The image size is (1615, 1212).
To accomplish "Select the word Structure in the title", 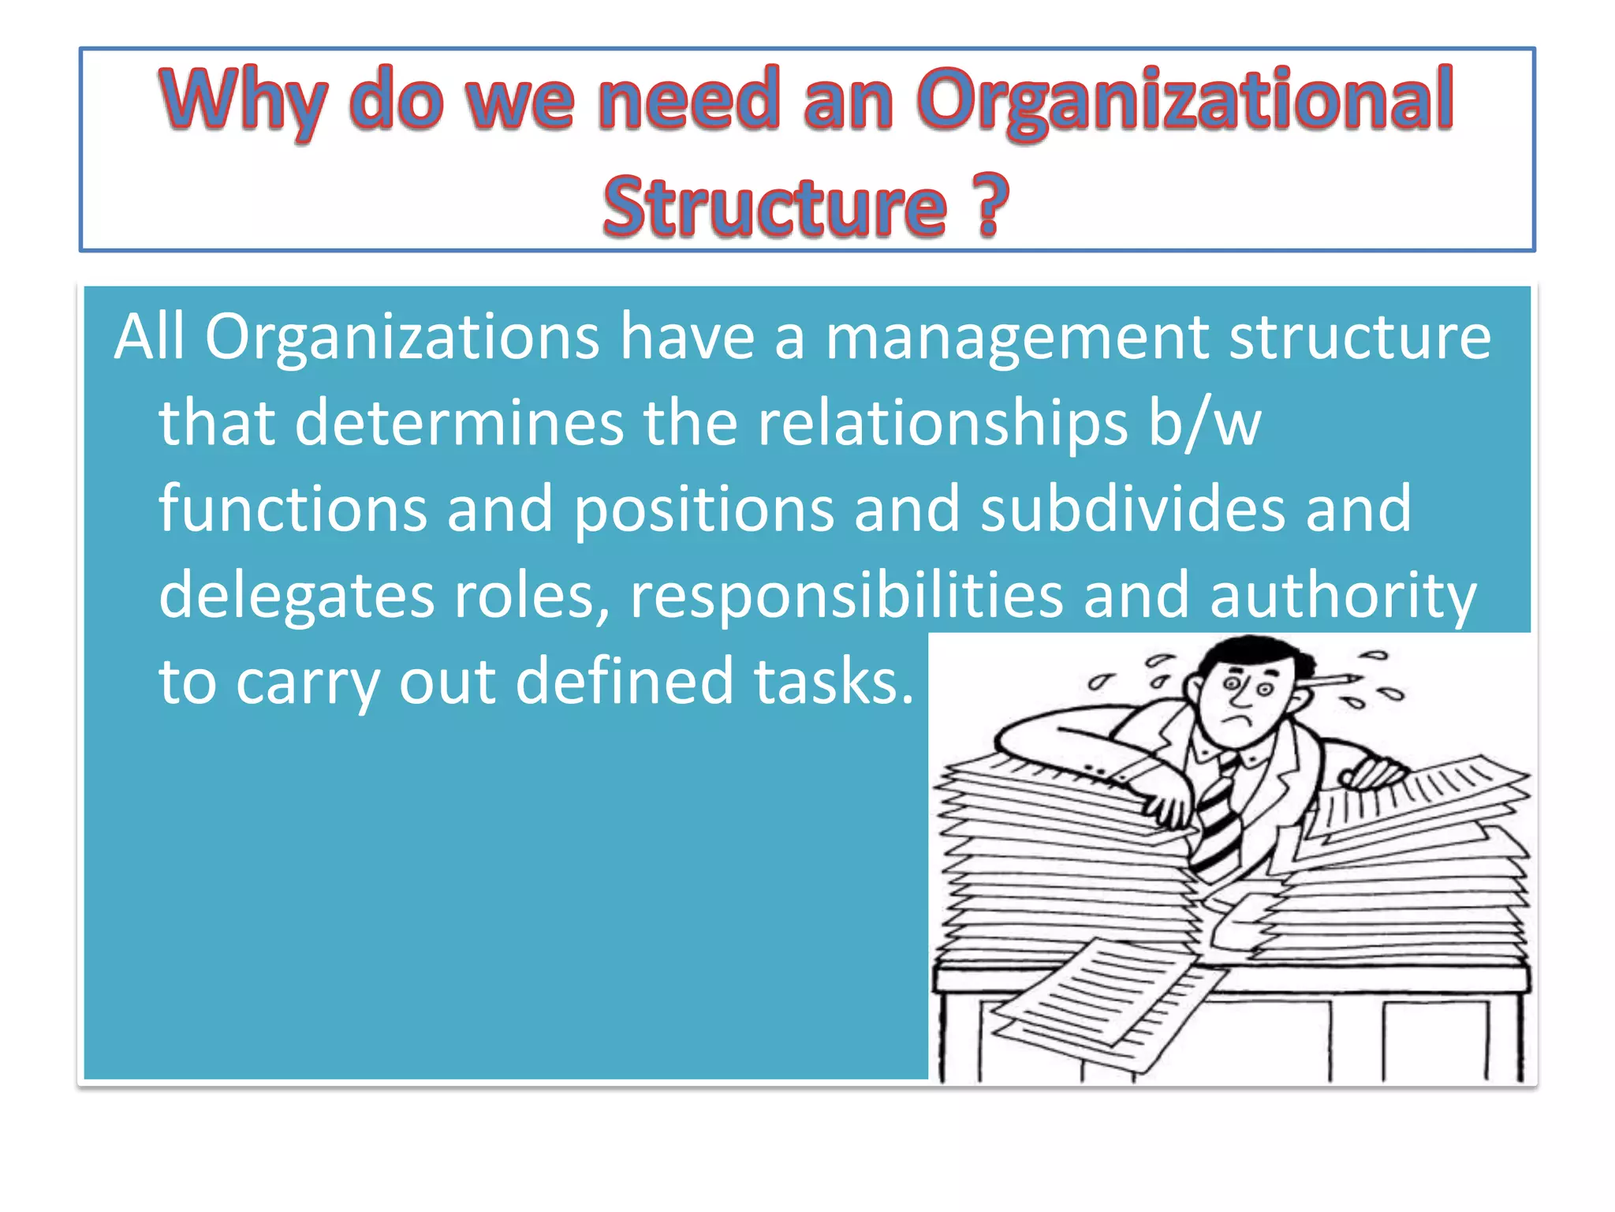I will coord(774,207).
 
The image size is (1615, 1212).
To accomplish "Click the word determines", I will coord(459,423).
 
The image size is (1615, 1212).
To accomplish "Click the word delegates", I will coord(296,595).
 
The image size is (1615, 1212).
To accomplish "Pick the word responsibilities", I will coord(846,595).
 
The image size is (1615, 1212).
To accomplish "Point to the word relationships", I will coord(942,423).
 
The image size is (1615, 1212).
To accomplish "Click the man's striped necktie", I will coord(1218,821).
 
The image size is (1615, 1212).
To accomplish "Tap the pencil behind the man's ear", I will coord(1333,679).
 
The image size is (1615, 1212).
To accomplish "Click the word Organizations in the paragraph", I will coord(402,338).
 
